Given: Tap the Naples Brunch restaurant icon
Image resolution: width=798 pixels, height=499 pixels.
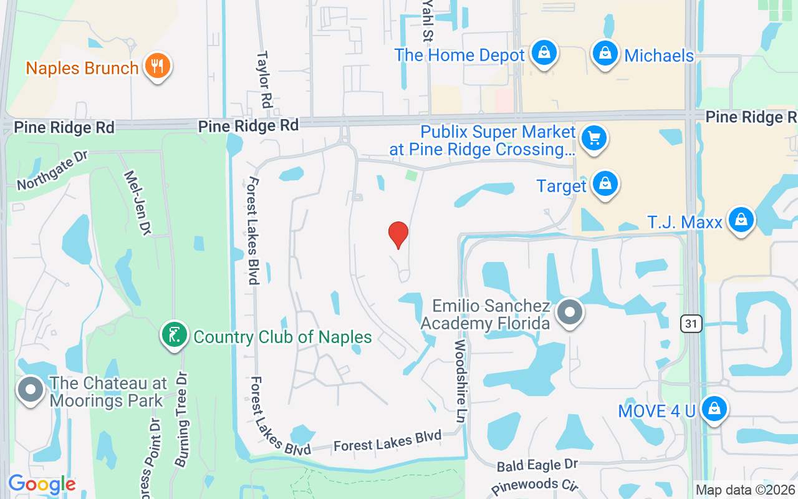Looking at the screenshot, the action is click(157, 67).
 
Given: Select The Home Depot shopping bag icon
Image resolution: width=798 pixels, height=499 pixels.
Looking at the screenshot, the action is click(544, 54).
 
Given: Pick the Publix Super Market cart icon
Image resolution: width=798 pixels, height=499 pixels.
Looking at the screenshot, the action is click(594, 139).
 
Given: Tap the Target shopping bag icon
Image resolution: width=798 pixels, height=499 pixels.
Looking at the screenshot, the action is click(604, 185).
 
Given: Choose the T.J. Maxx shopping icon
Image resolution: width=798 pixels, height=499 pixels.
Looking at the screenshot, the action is click(741, 221).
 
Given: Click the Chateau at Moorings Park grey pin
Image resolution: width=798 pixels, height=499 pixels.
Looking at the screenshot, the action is click(30, 391).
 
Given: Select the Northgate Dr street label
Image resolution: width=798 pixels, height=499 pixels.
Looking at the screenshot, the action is click(52, 171).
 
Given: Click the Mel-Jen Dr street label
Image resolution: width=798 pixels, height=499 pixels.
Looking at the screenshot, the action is click(138, 201).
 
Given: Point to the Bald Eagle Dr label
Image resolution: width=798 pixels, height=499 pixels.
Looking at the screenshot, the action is click(537, 465).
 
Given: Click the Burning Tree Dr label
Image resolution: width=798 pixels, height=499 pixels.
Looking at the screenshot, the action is click(181, 420).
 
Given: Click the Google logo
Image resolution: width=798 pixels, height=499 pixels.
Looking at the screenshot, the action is click(42, 484).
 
